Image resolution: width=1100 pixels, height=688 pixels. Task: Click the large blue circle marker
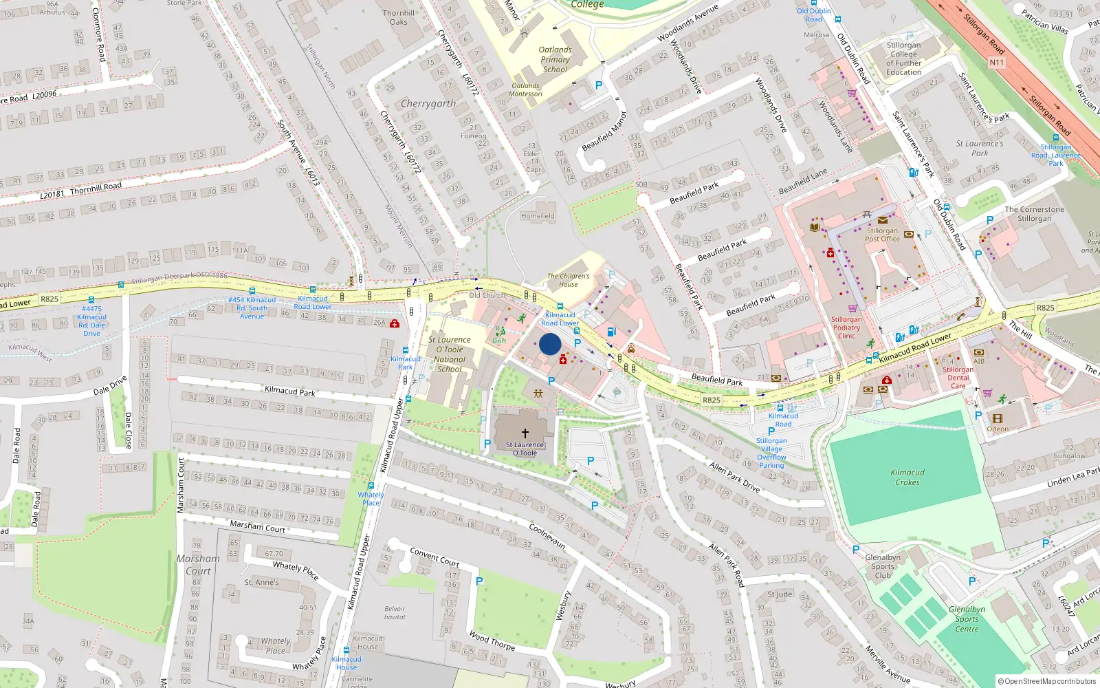550,344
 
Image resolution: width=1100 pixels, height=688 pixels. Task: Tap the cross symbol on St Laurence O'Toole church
525,433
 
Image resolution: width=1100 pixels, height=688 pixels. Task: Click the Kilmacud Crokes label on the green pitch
907,477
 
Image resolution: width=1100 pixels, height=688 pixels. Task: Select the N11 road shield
996,63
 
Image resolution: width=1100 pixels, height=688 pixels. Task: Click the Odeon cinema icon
998,418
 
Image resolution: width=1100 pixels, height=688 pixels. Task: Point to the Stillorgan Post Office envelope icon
882,220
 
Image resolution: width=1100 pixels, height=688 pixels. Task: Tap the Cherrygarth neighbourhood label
428,104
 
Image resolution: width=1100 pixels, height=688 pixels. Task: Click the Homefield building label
538,216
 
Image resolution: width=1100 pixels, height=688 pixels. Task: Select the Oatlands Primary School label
555,59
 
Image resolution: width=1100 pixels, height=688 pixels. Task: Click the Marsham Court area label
198,565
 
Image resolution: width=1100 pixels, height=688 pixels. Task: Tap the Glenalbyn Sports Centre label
967,619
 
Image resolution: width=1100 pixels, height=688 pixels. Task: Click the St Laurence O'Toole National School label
450,354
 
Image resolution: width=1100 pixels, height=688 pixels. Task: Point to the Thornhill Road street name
96,187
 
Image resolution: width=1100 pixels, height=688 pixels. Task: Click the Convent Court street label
434,557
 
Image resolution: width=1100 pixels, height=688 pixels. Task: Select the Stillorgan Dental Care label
958,378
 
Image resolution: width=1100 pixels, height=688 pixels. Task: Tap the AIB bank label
979,361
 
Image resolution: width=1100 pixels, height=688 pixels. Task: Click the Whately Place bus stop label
371,499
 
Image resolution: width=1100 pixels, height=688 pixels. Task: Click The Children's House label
568,280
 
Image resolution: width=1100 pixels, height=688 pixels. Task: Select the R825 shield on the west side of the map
49,299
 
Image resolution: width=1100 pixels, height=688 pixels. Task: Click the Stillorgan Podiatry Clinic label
846,327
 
